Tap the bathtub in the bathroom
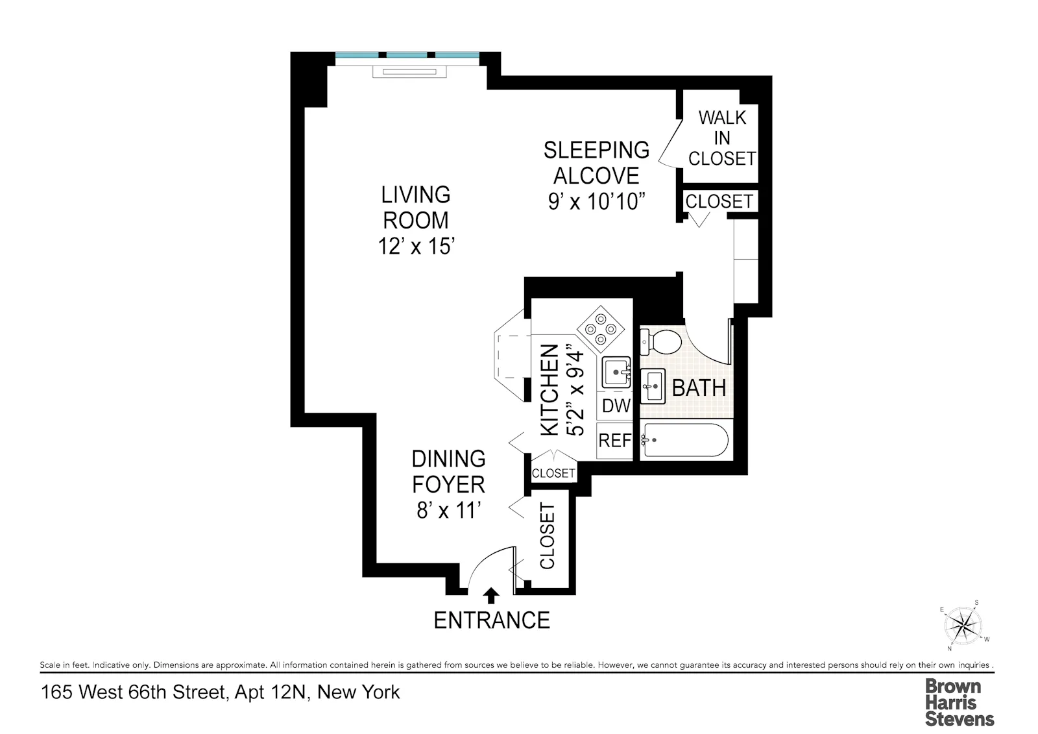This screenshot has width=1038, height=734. coord(686,440)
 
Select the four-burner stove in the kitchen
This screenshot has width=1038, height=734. coord(600,328)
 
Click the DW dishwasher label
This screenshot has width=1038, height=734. coord(616,406)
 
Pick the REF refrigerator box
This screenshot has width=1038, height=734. coord(614,441)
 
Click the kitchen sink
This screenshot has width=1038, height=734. coord(616,373)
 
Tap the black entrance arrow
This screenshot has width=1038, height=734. coord(492,595)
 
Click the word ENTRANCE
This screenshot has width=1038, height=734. coord(491,620)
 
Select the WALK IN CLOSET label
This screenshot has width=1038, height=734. coord(721,138)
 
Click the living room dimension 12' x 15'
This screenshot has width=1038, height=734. coord(415,247)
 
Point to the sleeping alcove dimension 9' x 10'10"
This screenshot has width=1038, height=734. coord(597,202)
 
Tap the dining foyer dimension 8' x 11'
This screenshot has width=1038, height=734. coord(448,511)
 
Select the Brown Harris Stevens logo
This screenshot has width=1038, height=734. coord(959,702)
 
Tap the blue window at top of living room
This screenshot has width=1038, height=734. coord(407,56)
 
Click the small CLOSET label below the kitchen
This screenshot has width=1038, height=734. coord(553,473)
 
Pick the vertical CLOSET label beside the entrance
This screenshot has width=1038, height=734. coord(548,536)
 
